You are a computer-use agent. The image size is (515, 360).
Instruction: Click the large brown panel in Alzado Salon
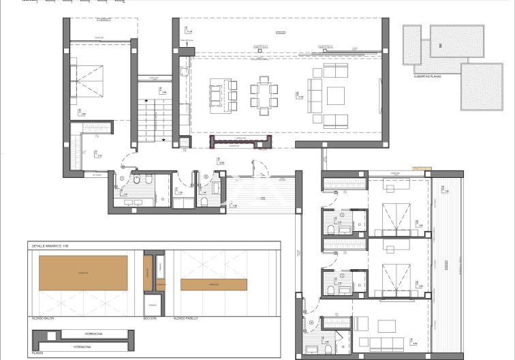coord(83,271)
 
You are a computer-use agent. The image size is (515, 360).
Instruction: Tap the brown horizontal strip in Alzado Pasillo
coord(213,284)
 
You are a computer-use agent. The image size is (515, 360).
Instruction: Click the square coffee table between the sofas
coord(337,95)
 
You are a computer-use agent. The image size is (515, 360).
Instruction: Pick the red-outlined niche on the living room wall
coord(233,141)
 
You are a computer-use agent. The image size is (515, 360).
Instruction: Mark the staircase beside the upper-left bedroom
coord(153,119)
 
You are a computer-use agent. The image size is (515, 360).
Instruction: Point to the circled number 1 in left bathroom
coord(121,179)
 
